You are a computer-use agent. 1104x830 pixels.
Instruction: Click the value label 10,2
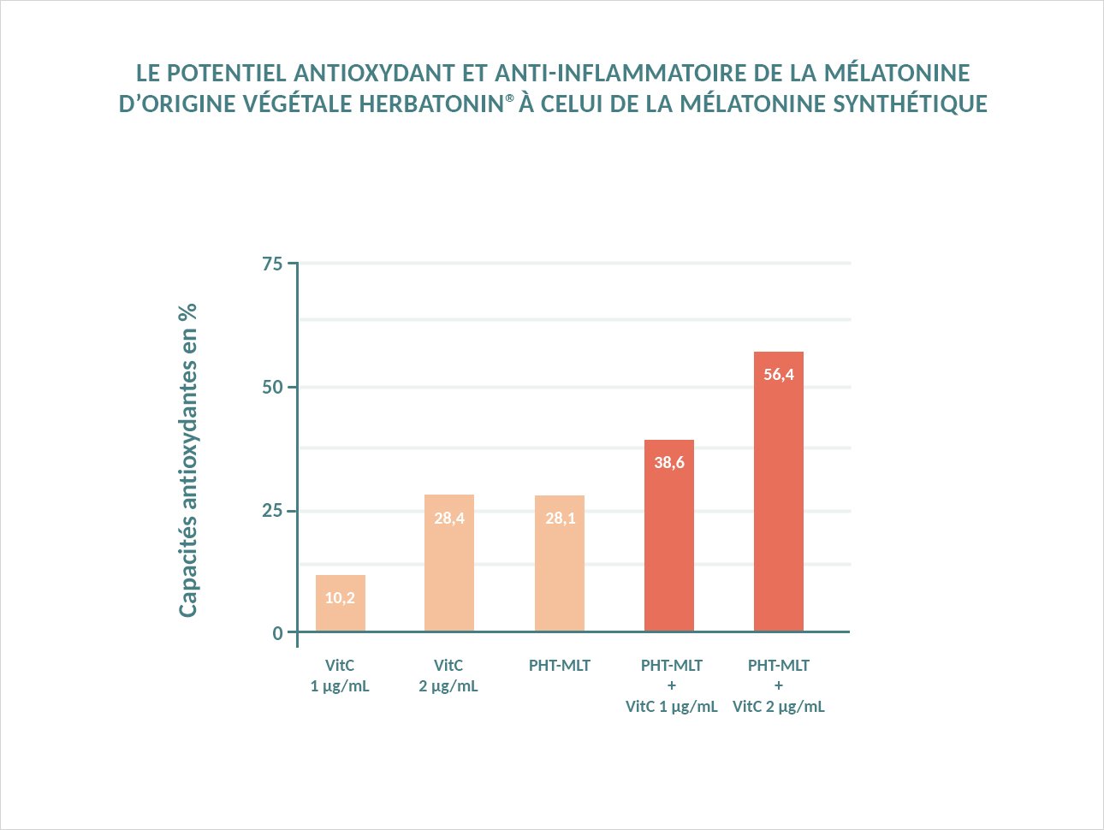340,598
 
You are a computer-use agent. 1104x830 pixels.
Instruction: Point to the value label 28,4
449,519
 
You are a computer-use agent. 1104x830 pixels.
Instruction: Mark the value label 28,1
561,519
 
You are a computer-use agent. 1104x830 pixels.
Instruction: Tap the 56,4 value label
779,375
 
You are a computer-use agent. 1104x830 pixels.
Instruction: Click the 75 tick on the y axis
272,264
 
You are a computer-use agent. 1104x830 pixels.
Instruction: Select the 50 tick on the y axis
272,388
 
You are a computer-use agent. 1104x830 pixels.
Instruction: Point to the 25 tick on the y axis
272,511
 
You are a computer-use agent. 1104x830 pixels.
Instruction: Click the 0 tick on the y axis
277,633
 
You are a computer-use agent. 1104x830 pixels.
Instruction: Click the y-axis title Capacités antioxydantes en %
188,459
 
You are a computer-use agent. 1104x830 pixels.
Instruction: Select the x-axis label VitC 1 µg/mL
340,676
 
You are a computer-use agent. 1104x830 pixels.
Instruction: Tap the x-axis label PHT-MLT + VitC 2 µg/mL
779,686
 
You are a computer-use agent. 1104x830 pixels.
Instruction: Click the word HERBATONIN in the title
430,104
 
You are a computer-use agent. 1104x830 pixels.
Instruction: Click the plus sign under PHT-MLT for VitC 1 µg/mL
672,685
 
